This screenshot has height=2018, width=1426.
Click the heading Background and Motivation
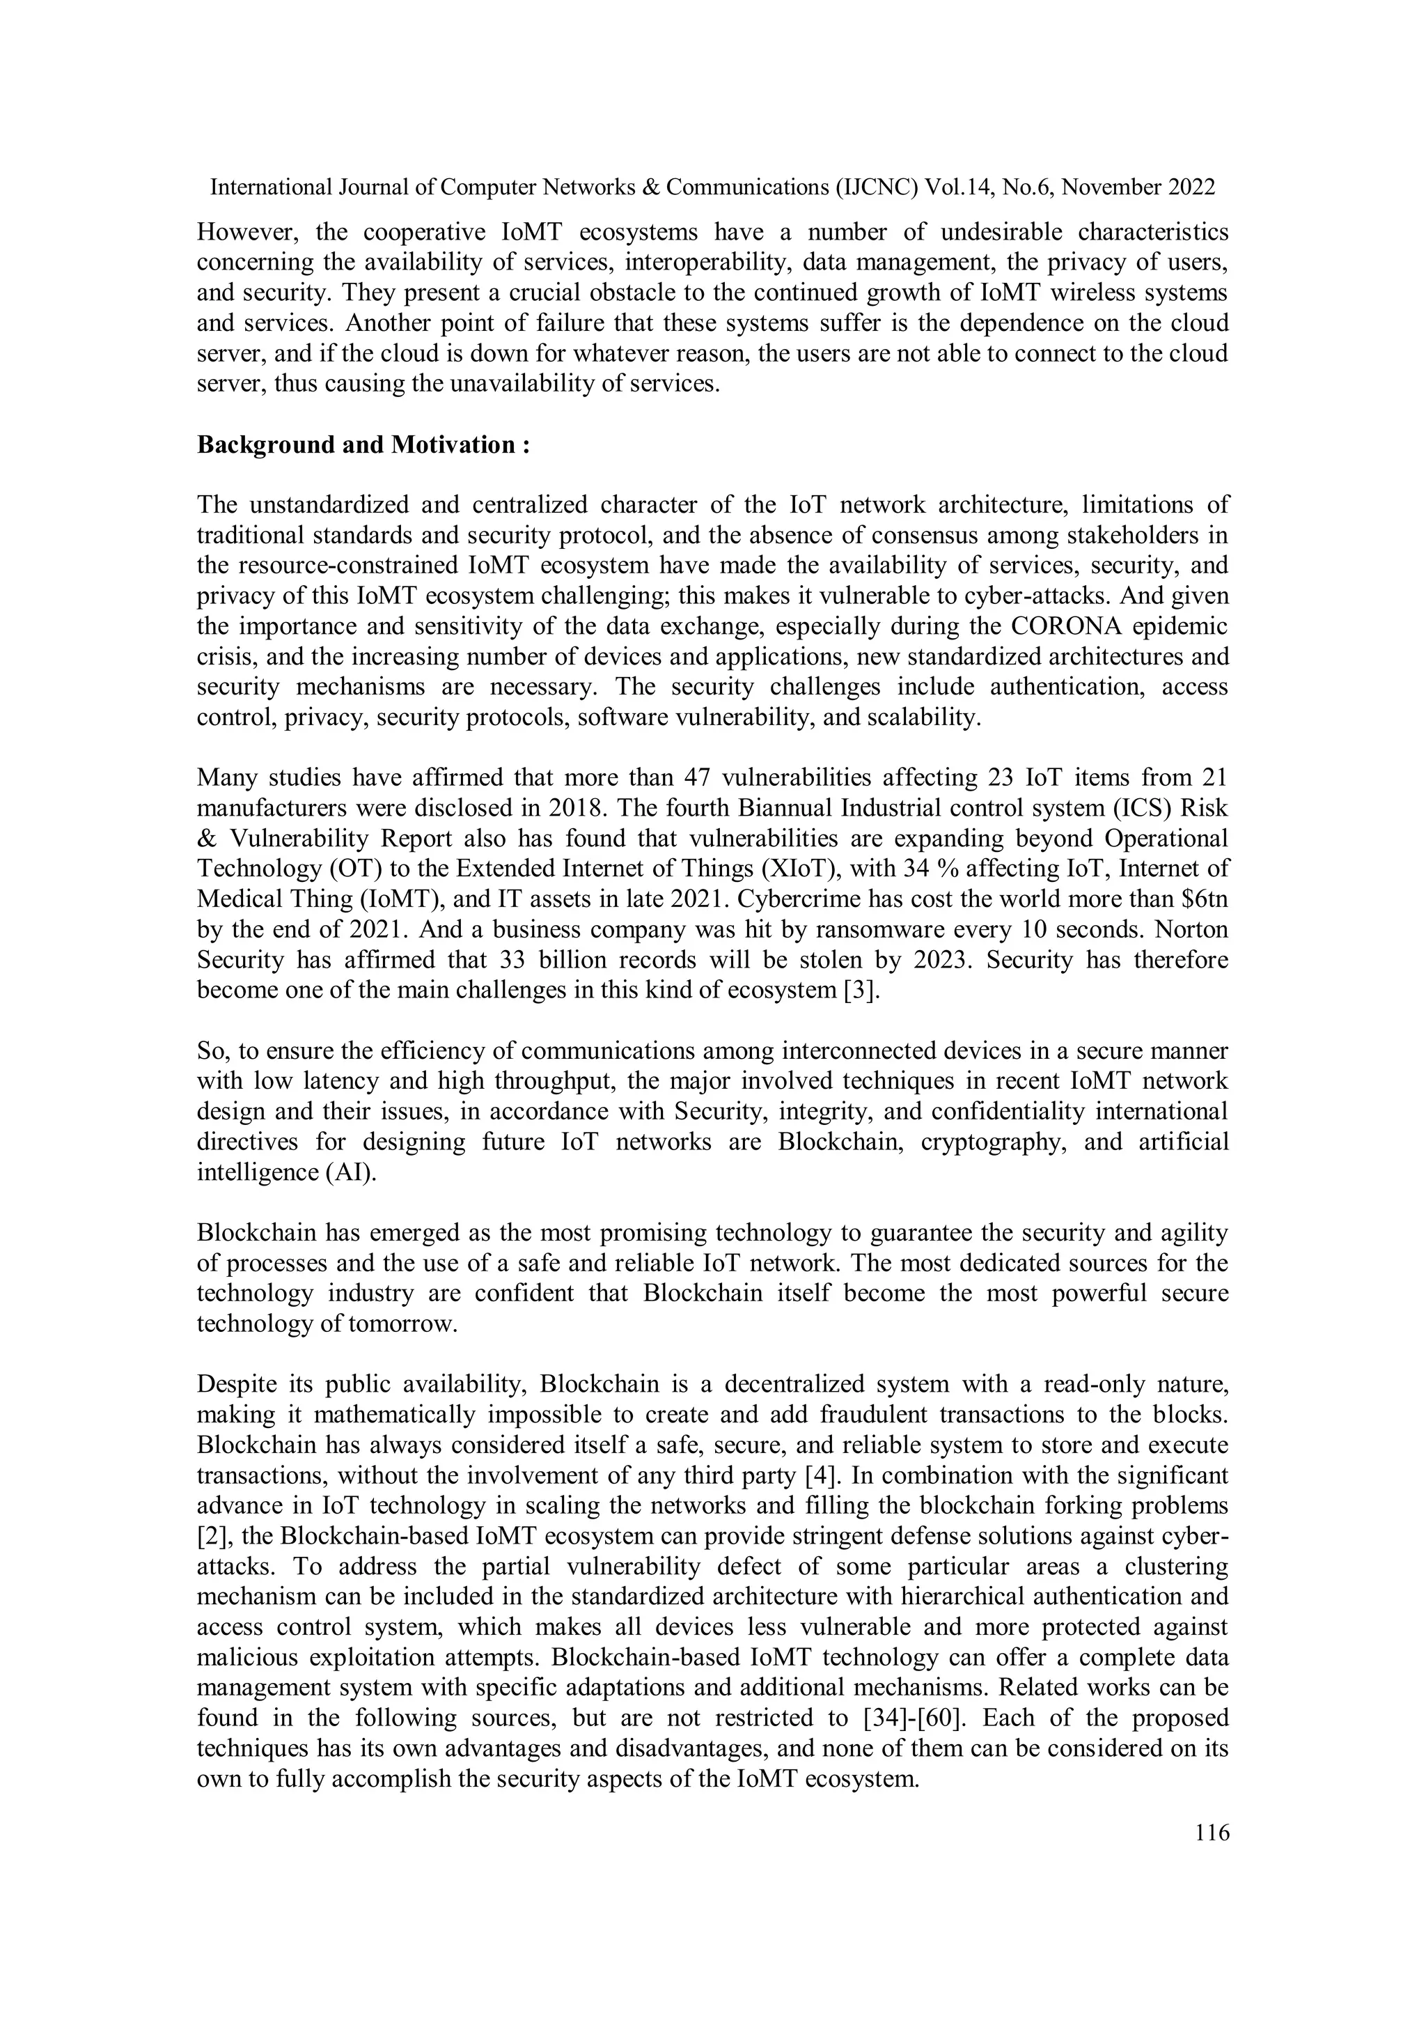(x=363, y=444)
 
